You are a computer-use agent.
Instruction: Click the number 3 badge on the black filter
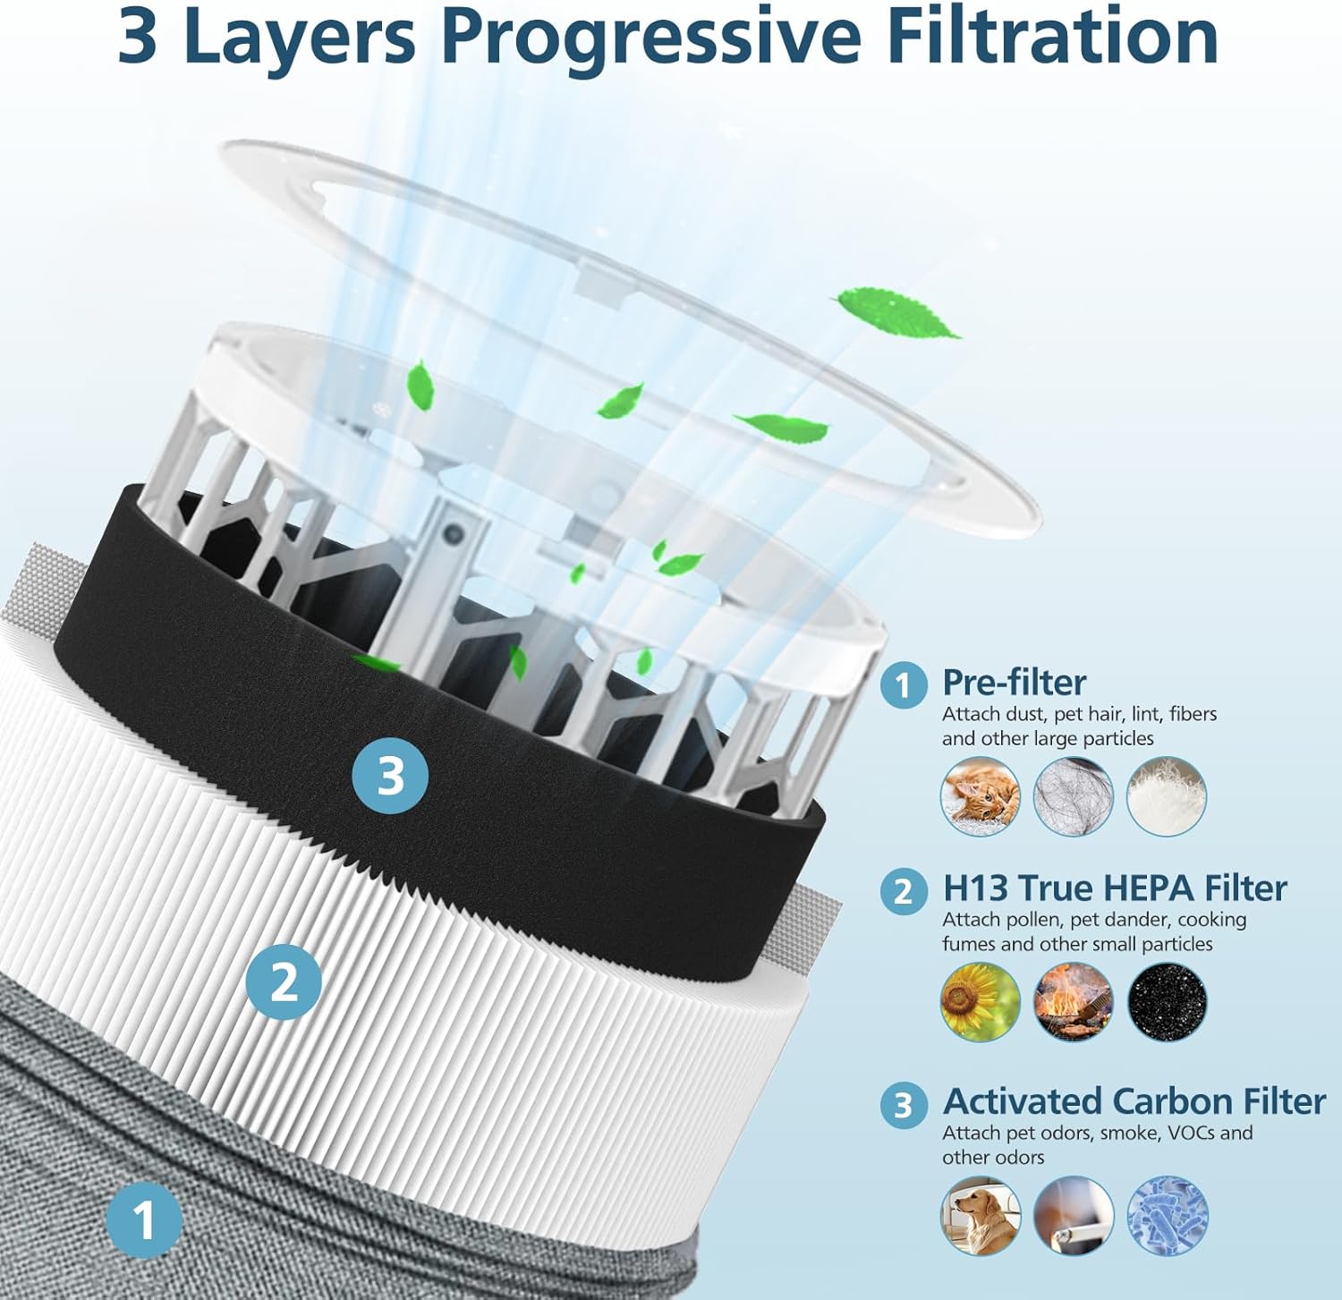click(390, 776)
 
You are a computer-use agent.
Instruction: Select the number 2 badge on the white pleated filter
click(284, 981)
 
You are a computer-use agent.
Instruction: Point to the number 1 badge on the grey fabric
click(144, 1220)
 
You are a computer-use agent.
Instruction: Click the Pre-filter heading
click(1014, 683)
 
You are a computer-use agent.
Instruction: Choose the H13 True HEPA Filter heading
click(1114, 888)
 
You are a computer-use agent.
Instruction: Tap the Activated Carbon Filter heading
click(1134, 1101)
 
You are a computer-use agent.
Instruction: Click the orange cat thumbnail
click(981, 796)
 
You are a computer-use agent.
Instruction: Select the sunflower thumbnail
click(981, 1002)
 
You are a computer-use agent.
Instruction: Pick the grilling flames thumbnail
click(1074, 1002)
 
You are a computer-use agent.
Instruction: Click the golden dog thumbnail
click(981, 1215)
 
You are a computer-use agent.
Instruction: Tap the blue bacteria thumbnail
click(1167, 1215)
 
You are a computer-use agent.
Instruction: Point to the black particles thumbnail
click(1167, 1002)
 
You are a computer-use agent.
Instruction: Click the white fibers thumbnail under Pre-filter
click(1167, 796)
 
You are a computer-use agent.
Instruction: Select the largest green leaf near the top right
click(896, 311)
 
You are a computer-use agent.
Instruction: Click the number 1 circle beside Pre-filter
click(904, 685)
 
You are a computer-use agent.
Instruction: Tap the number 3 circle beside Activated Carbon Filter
click(904, 1105)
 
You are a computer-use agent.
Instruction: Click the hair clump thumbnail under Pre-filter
click(1074, 796)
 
